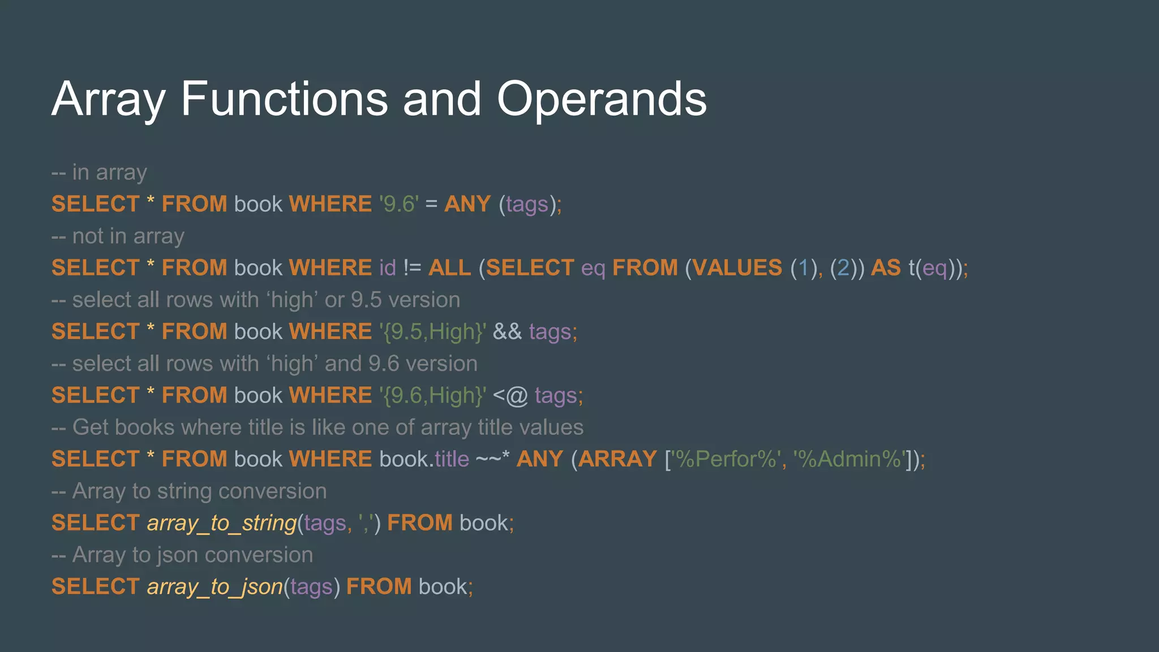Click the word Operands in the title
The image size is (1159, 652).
601,99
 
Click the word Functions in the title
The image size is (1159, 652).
284,99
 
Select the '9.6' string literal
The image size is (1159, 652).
399,204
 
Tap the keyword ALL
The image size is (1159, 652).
449,268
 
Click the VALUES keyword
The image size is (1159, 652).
737,268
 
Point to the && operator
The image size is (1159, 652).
507,332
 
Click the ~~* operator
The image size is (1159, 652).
492,459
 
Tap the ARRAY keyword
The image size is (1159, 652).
617,459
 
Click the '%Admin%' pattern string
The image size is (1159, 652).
851,459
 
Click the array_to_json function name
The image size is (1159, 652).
215,587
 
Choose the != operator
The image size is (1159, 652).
412,268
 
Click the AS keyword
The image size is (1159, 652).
886,268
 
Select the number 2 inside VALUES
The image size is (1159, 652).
843,268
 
